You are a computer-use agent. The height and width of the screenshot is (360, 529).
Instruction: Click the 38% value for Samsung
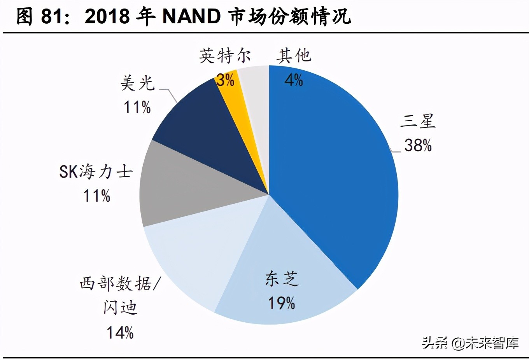click(418, 145)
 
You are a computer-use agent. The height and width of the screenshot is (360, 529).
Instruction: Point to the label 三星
click(418, 121)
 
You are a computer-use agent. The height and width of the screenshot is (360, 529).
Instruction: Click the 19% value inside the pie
click(282, 303)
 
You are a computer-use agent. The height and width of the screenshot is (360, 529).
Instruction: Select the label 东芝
click(282, 279)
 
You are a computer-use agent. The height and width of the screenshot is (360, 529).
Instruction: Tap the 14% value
click(120, 333)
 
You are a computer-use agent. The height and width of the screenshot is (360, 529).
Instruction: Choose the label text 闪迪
click(120, 308)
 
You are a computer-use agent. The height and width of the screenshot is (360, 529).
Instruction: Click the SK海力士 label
click(96, 171)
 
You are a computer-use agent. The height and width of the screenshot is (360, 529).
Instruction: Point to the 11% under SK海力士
click(96, 196)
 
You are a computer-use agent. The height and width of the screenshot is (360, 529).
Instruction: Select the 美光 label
click(137, 83)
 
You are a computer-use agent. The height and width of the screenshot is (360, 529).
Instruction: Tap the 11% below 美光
click(137, 107)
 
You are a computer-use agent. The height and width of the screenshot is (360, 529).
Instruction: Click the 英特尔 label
click(225, 56)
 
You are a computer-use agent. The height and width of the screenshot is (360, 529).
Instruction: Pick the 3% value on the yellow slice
click(225, 80)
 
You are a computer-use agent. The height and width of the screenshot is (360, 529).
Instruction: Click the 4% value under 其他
click(293, 80)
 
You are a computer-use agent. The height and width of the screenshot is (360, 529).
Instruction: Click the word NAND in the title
click(191, 16)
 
